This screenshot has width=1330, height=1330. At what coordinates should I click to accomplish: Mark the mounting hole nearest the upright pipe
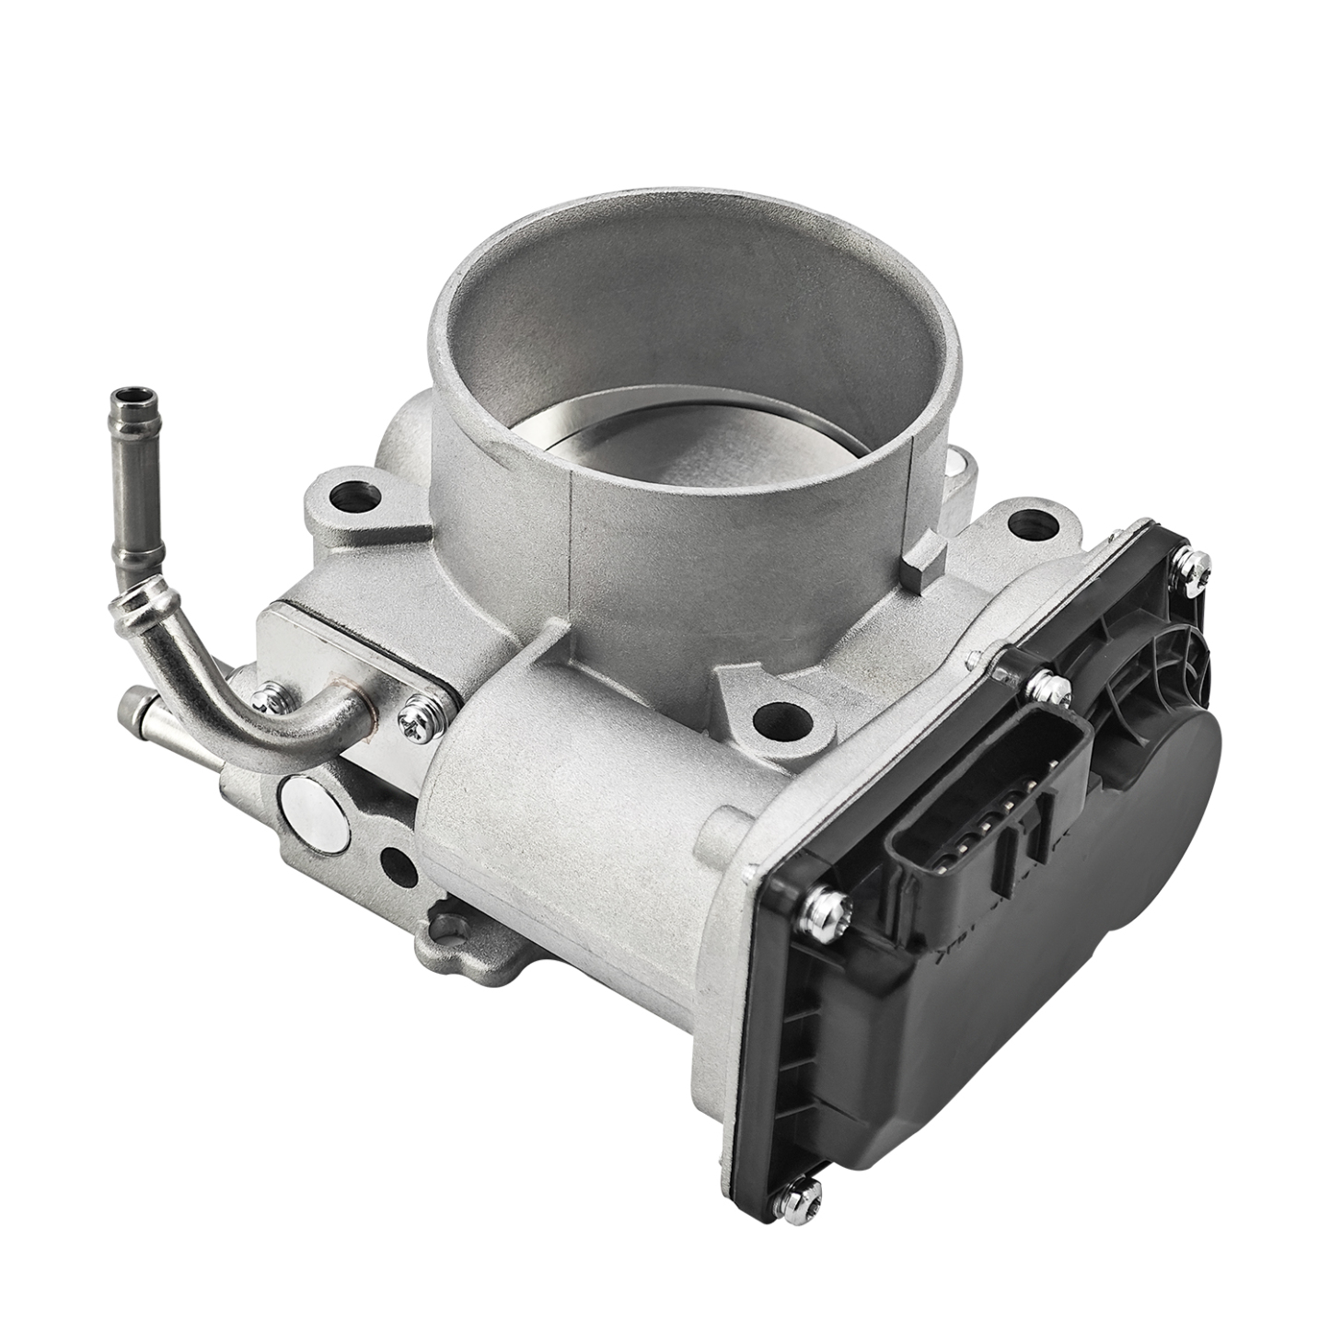tap(350, 498)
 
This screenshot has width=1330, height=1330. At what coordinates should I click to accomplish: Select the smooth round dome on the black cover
tap(1187, 792)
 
